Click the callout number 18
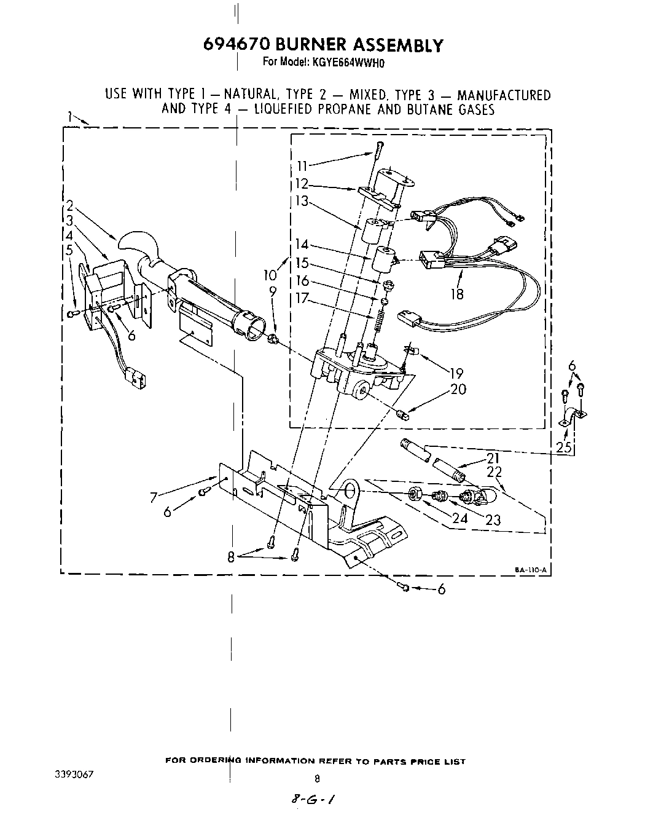pos(456,294)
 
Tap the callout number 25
pos(563,447)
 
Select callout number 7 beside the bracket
pos(155,497)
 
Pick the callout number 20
pos(458,389)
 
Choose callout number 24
pos(459,518)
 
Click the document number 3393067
pos(73,773)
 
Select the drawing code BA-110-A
pos(531,570)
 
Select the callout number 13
pos(303,201)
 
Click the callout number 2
pos(71,206)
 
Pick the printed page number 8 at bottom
pos(317,779)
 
